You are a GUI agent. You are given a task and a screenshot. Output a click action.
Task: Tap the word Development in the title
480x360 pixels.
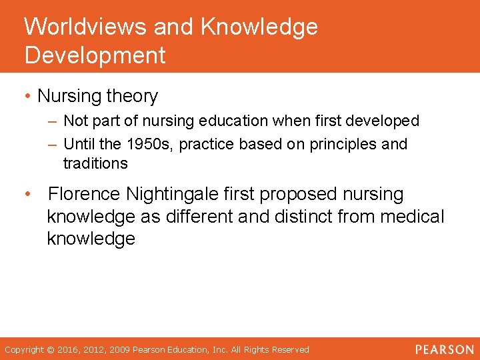pyautogui.click(x=95, y=55)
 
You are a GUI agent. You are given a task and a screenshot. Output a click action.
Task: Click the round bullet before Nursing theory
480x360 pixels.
pyautogui.click(x=27, y=97)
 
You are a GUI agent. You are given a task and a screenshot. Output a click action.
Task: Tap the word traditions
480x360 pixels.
pyautogui.click(x=95, y=163)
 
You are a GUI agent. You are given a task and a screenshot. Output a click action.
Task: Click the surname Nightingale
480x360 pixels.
pyautogui.click(x=164, y=195)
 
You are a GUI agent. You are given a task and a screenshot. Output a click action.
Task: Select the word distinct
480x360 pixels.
pyautogui.click(x=300, y=217)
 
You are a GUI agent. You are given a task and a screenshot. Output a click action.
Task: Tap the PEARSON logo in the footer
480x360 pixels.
pyautogui.click(x=443, y=349)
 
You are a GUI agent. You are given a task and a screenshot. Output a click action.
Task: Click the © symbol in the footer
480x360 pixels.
pyautogui.click(x=51, y=350)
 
